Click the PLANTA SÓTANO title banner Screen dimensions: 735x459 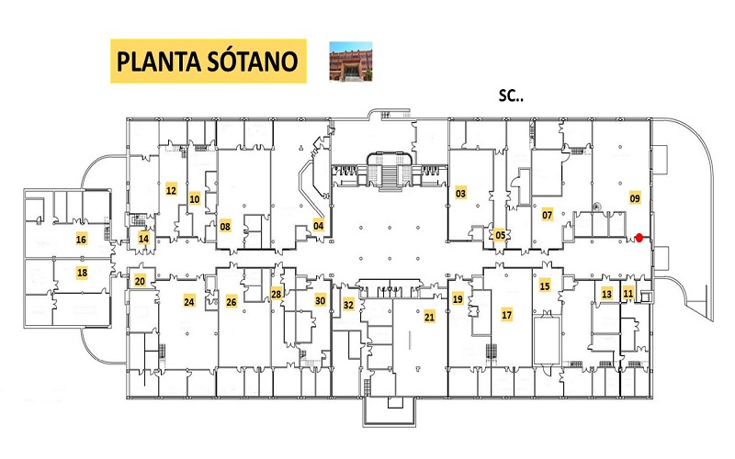coord(209,62)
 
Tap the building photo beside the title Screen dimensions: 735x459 coord(351,62)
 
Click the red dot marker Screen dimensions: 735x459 coord(639,238)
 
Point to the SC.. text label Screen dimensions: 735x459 coord(511,96)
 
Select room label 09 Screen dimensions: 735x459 coord(635,198)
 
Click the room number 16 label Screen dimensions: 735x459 coord(81,240)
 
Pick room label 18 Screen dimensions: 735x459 coord(82,272)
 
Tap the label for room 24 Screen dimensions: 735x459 coord(189,302)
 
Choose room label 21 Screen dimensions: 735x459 coord(429,317)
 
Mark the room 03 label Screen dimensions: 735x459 coord(461,193)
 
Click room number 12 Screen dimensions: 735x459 coord(171,190)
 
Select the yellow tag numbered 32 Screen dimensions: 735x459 coord(348,305)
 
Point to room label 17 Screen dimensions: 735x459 coord(507,315)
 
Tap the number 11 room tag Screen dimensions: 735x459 coord(628,294)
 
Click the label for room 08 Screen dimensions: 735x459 coord(225,227)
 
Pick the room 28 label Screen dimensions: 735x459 coord(277,294)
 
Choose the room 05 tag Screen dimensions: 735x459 coord(500,235)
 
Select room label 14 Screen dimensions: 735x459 coord(143,239)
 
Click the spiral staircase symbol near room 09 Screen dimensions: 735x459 coord(597,207)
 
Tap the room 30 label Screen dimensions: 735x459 coord(320,301)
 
